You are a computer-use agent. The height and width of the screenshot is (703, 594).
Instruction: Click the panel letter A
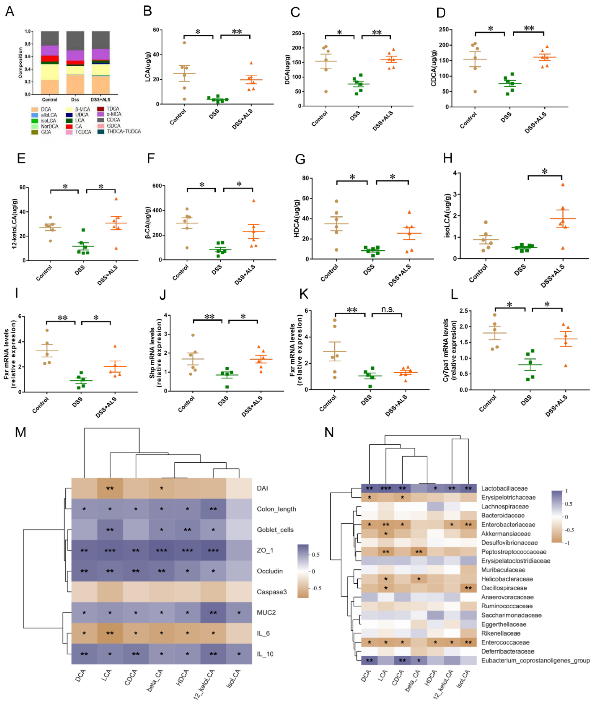tap(10, 12)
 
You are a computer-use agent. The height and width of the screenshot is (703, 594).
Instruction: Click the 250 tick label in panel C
tap(296, 33)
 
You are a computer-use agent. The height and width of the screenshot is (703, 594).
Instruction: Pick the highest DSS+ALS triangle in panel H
tap(562, 185)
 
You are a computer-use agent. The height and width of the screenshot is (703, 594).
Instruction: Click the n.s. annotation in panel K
tap(388, 309)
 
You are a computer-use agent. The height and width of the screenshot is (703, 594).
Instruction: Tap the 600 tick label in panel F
tap(157, 186)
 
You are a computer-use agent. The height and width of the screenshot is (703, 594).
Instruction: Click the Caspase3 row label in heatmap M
tap(272, 592)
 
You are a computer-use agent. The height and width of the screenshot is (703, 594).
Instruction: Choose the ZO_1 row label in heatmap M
tap(265, 550)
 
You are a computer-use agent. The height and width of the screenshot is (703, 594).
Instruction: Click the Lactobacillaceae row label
tap(504, 488)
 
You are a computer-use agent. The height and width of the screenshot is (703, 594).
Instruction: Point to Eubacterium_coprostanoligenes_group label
tap(535, 660)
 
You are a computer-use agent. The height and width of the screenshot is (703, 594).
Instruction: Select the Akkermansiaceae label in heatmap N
tap(506, 534)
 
